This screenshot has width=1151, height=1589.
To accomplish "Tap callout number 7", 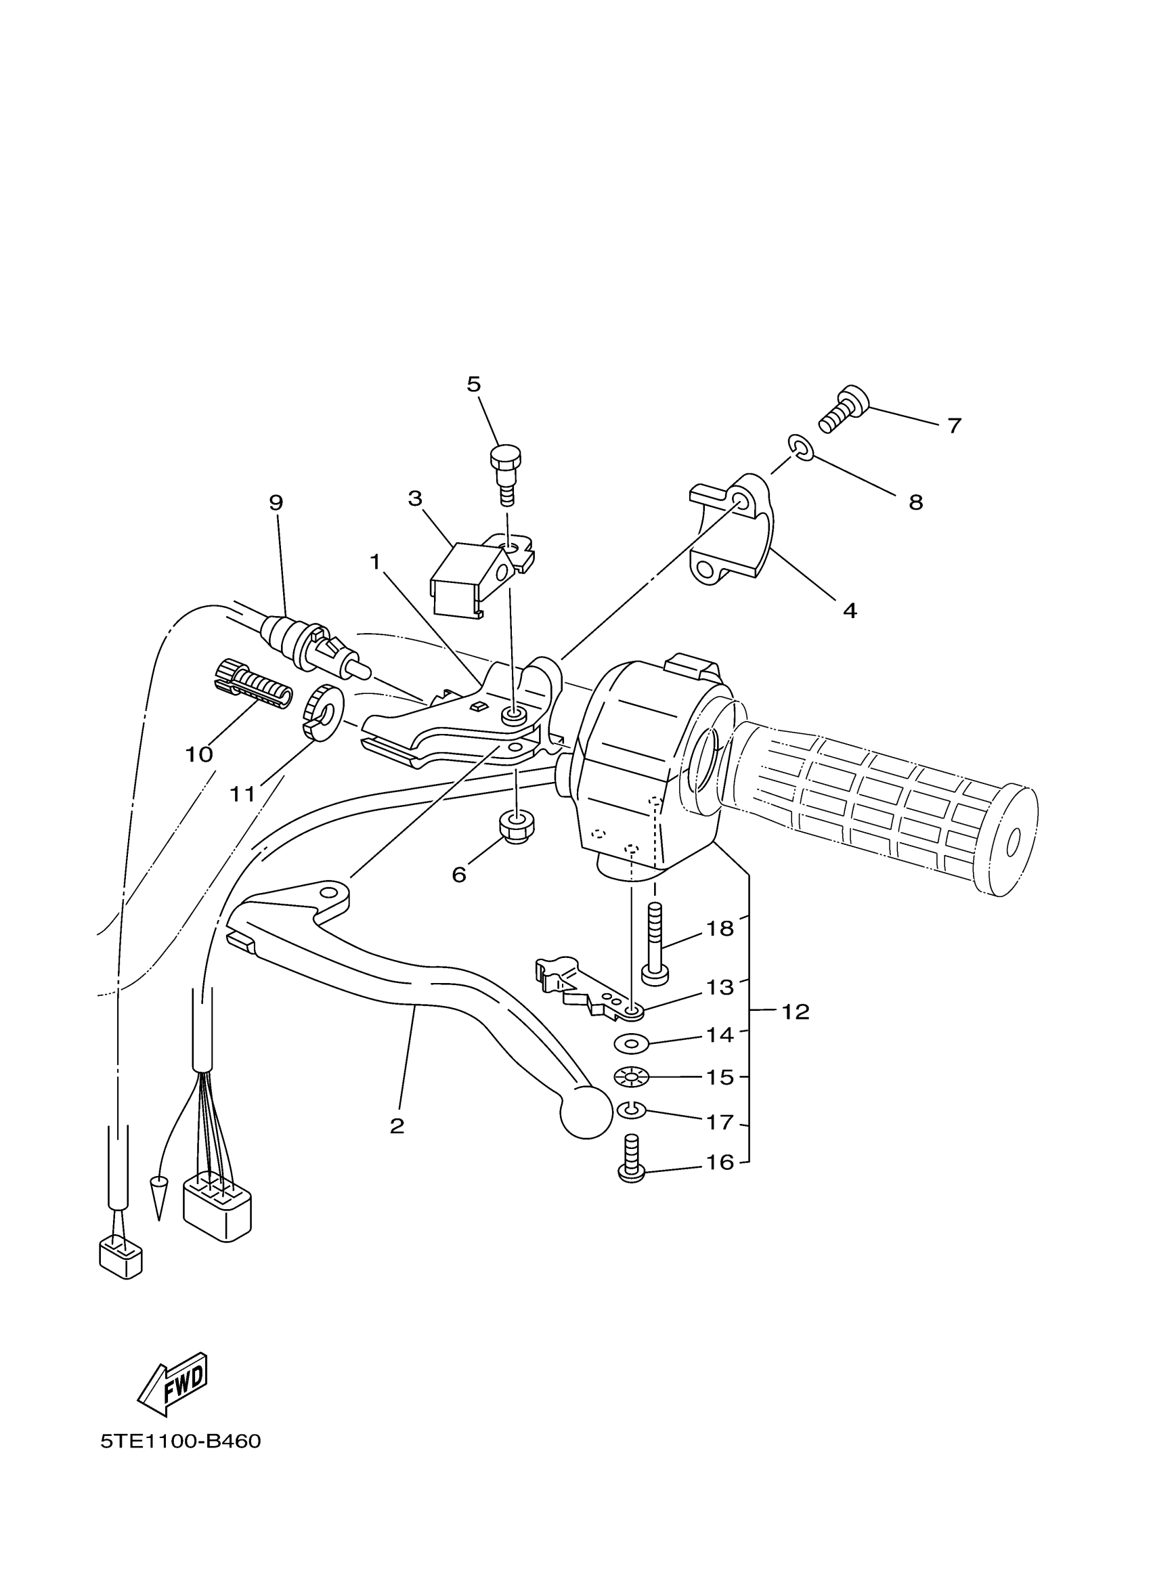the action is tap(953, 425).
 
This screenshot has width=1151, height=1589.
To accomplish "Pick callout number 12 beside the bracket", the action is tap(795, 1011).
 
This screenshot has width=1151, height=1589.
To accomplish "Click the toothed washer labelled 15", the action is tap(631, 1077).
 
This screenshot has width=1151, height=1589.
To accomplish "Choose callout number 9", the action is tap(276, 502).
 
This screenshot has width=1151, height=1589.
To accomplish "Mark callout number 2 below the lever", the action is tap(397, 1126).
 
